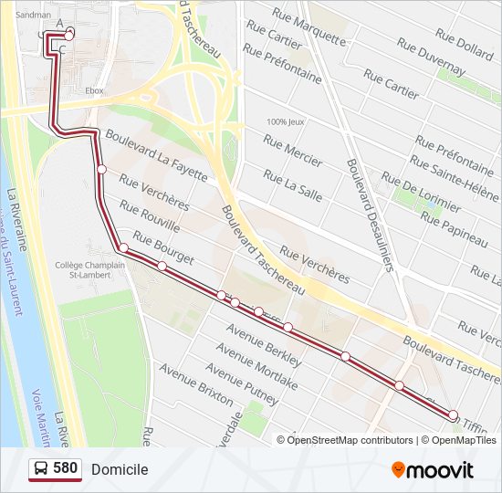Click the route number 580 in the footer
(65, 469)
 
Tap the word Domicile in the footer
(120, 469)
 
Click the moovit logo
(433, 470)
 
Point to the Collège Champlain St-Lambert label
(89, 269)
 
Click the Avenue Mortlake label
(251, 376)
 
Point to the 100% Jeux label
(284, 122)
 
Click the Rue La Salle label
(292, 185)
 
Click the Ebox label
(93, 91)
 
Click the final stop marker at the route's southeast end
(454, 415)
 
